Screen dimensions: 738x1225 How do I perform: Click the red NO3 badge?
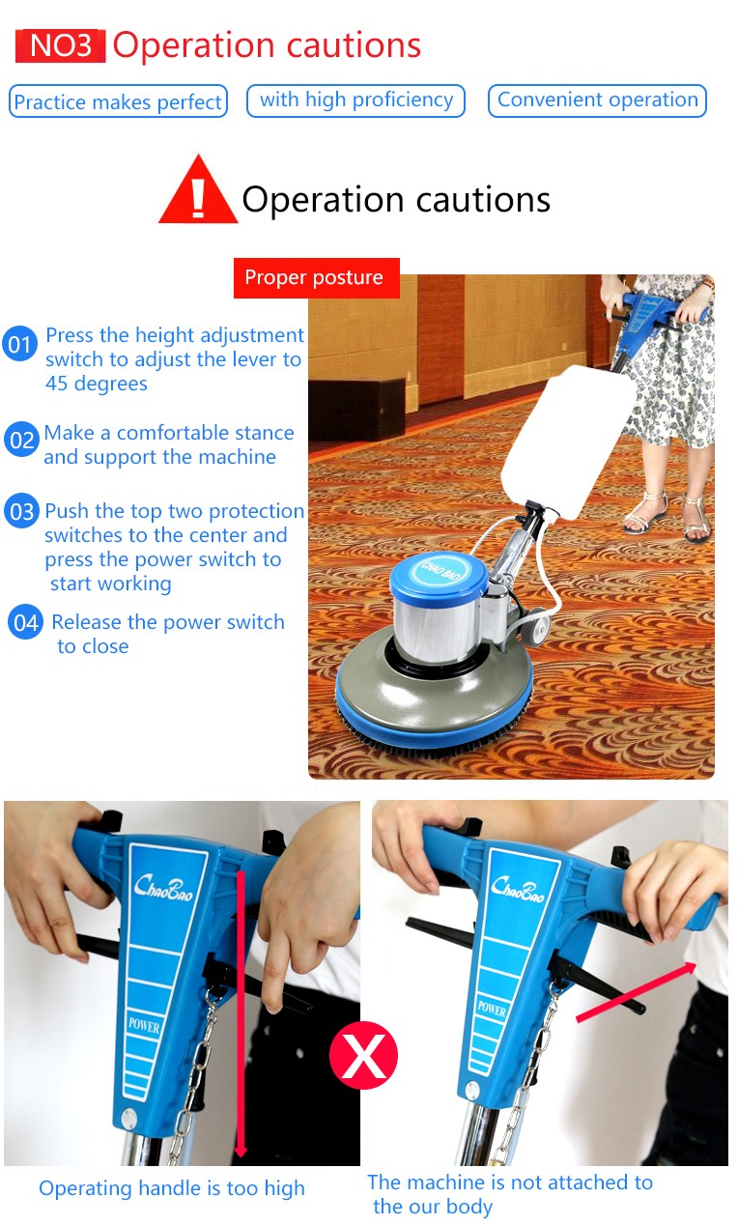[x=60, y=46]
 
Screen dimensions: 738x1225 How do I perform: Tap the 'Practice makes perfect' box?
[x=118, y=101]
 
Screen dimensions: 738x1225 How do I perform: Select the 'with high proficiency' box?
[x=355, y=100]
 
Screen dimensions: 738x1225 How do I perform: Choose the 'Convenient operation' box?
[x=598, y=100]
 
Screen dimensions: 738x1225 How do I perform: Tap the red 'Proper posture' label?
[x=317, y=278]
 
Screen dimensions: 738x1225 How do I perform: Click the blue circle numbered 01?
[x=19, y=344]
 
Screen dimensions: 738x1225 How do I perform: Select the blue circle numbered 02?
[x=21, y=440]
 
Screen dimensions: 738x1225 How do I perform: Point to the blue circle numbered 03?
[x=22, y=511]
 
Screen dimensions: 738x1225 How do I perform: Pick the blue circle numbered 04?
[x=26, y=622]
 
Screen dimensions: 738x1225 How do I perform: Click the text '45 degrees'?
[x=97, y=384]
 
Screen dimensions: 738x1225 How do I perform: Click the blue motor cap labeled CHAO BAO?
[x=439, y=573]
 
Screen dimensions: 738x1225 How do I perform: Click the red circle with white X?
[x=363, y=1055]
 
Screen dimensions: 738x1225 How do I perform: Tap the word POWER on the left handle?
[x=144, y=1026]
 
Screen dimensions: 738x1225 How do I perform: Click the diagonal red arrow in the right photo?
[x=637, y=991]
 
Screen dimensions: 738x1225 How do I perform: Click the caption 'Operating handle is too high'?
[x=172, y=1188]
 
